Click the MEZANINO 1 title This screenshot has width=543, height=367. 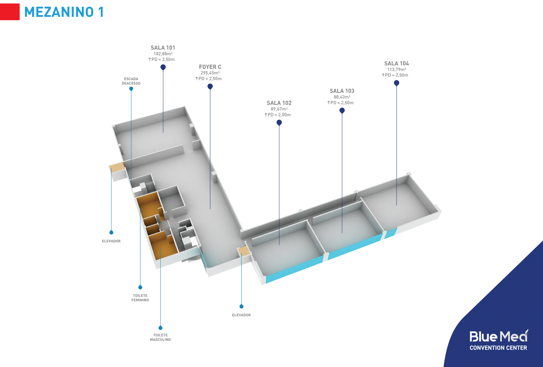click(64, 12)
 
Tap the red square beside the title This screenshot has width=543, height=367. click(10, 12)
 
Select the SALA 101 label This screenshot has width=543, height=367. click(163, 48)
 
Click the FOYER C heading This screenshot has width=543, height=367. click(210, 67)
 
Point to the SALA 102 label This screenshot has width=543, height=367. click(279, 103)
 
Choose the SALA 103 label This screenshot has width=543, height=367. click(342, 91)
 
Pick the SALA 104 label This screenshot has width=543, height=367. click(396, 63)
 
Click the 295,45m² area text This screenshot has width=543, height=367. click(210, 73)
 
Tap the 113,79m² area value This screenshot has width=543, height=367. click(396, 69)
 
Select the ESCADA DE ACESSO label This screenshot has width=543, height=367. click(131, 81)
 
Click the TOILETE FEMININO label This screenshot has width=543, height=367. click(140, 298)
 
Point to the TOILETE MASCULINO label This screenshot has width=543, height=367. click(160, 337)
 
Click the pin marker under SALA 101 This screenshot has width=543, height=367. click(163, 67)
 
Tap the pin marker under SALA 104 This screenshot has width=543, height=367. click(397, 83)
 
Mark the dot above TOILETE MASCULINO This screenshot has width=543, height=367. click(160, 328)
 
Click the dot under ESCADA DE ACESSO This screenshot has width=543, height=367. click(131, 89)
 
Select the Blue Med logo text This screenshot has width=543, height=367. click(498, 337)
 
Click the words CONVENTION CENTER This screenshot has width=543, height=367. click(498, 348)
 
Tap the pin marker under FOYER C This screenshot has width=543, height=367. click(210, 87)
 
